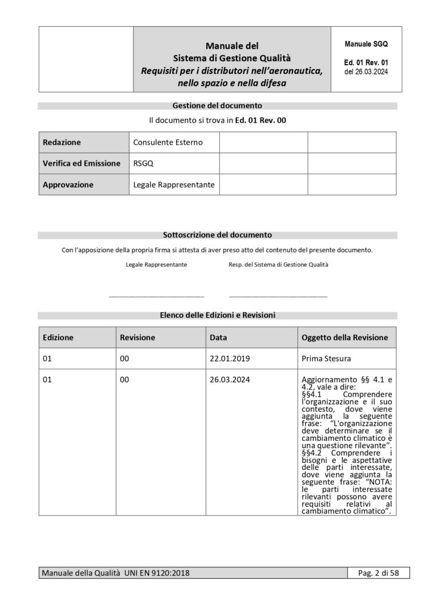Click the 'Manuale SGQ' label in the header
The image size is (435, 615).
366,44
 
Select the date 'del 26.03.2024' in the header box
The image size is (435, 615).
366,72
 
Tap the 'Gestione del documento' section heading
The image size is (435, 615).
217,105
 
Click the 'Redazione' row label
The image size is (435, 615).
62,143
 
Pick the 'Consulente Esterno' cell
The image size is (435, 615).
168,143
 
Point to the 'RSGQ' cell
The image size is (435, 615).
143,164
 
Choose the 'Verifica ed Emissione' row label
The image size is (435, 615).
82,164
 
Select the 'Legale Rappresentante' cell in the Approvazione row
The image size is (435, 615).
174,184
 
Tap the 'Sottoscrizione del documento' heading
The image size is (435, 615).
217,234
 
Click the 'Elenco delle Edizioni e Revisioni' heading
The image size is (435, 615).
217,315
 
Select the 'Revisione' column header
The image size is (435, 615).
138,337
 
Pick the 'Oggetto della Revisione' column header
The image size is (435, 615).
344,337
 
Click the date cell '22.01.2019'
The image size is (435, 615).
229,359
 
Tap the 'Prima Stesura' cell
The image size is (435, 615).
326,359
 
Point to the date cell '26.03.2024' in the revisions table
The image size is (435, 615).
229,380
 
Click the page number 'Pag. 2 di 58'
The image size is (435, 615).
379,573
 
